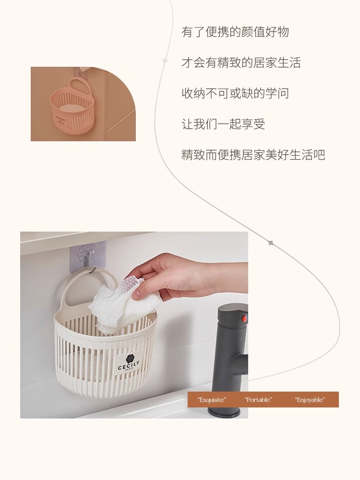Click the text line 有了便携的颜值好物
pyautogui.click(x=235, y=32)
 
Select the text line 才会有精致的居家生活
pyautogui.click(x=241, y=63)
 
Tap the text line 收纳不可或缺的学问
pyautogui.click(x=235, y=93)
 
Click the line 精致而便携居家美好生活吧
pyautogui.click(x=253, y=155)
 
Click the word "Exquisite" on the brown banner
pyautogui.click(x=212, y=400)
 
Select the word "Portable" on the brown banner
pyautogui.click(x=258, y=400)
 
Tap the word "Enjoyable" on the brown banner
pyautogui.click(x=310, y=400)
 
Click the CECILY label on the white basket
pyautogui.click(x=129, y=364)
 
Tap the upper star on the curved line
pyautogui.click(x=165, y=61)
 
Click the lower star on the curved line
pyautogui.click(x=270, y=243)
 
